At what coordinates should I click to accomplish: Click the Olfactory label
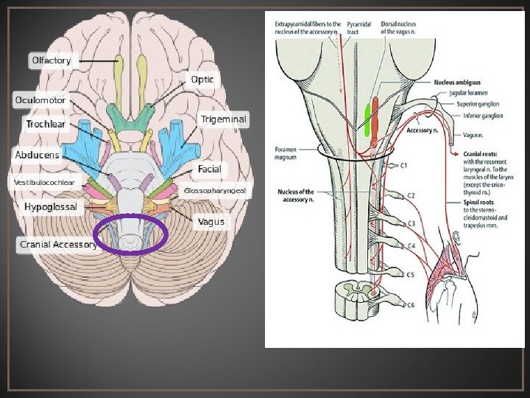click(52, 60)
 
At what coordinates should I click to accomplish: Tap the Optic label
click(203, 79)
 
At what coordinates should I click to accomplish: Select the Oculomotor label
click(41, 99)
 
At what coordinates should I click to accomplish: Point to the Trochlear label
click(46, 124)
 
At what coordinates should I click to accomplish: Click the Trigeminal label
click(223, 118)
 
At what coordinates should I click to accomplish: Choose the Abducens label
click(38, 156)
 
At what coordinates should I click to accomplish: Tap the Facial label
click(209, 170)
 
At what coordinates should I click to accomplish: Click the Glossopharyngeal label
click(215, 190)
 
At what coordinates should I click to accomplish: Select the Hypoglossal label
click(51, 207)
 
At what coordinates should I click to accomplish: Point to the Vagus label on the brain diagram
click(211, 221)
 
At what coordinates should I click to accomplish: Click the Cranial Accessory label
click(58, 244)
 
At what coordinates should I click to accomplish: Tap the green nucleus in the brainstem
click(368, 120)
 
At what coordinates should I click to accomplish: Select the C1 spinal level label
click(402, 166)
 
